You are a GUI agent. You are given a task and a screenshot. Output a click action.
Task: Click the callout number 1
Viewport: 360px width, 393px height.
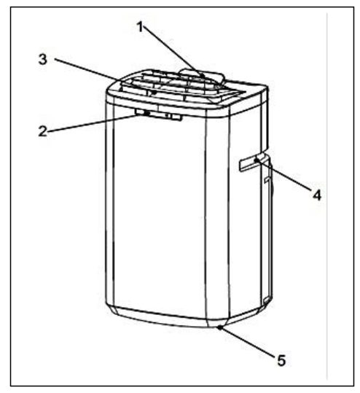[141, 27]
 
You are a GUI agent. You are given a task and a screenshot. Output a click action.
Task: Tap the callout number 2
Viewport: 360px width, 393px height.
[43, 131]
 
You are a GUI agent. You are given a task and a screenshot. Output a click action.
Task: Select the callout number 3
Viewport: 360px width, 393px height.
[43, 60]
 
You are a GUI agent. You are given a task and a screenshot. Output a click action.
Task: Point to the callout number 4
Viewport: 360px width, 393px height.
[317, 195]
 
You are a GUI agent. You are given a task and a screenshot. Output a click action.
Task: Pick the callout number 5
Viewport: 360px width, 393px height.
[281, 361]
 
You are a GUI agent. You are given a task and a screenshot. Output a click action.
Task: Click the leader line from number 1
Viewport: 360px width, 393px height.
[173, 51]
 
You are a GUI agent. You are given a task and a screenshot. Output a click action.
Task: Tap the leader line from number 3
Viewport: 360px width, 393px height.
[104, 76]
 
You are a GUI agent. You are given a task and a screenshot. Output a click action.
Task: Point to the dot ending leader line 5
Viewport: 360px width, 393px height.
[220, 327]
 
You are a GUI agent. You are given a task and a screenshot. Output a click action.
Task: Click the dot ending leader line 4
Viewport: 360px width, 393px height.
[256, 159]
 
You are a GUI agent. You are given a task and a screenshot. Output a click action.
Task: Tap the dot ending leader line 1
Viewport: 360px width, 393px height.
[203, 75]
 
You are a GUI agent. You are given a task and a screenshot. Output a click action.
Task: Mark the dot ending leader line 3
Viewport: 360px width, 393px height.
[154, 93]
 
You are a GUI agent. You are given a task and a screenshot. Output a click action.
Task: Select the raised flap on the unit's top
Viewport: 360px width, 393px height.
[202, 76]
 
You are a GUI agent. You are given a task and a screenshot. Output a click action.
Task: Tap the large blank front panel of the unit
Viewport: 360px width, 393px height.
[160, 213]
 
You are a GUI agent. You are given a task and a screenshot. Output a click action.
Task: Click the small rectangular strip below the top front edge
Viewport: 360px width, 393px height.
[159, 114]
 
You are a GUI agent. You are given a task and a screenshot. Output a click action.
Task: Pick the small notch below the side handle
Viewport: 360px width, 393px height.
[267, 179]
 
